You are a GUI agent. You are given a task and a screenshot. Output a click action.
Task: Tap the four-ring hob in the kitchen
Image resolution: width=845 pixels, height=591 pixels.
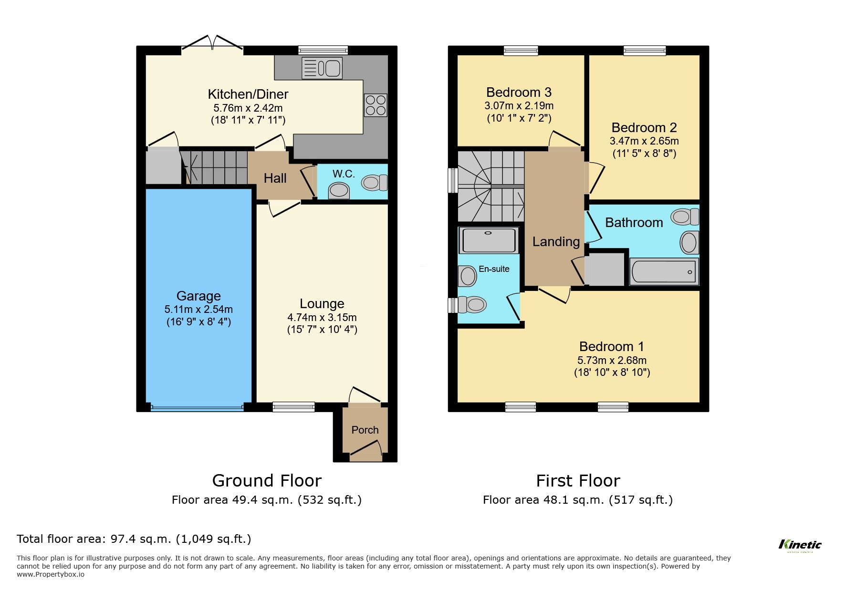[376, 105]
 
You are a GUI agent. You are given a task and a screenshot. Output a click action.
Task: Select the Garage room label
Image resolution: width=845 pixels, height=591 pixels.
[198, 296]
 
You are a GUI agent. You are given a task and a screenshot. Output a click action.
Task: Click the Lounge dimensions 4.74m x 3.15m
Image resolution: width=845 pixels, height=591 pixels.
[322, 318]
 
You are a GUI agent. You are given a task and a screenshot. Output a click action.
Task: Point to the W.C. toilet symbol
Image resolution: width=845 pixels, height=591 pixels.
[375, 183]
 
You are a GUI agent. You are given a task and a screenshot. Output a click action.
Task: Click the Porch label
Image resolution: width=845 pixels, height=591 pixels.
[365, 430]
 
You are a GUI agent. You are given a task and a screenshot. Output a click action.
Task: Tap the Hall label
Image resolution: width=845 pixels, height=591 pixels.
[275, 178]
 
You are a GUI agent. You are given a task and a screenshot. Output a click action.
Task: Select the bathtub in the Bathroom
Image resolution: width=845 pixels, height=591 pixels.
[664, 272]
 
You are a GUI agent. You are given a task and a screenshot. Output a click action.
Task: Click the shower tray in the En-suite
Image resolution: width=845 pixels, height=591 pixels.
[488, 240]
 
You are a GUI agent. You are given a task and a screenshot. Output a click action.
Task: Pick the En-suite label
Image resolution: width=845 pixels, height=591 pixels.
[494, 269]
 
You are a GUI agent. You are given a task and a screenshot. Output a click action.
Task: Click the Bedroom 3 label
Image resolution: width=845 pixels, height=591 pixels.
[519, 92]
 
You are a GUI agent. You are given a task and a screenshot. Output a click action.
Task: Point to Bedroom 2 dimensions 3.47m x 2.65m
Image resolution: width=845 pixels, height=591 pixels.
[644, 141]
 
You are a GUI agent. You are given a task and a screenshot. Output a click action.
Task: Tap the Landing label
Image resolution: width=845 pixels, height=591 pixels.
[556, 242]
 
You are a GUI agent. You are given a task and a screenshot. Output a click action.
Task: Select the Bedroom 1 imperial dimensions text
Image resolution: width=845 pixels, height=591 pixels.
[612, 373]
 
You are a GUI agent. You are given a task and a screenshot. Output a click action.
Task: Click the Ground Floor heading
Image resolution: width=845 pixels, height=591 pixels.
[267, 480]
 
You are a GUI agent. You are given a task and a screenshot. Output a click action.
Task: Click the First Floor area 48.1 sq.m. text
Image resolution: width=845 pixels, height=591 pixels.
[577, 500]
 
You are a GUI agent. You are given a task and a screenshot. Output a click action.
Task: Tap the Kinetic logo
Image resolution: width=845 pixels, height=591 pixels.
[800, 545]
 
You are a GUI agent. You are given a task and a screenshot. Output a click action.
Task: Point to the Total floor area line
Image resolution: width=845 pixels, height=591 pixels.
[134, 539]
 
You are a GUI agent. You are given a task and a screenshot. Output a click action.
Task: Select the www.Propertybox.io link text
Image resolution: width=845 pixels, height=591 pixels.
[51, 574]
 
